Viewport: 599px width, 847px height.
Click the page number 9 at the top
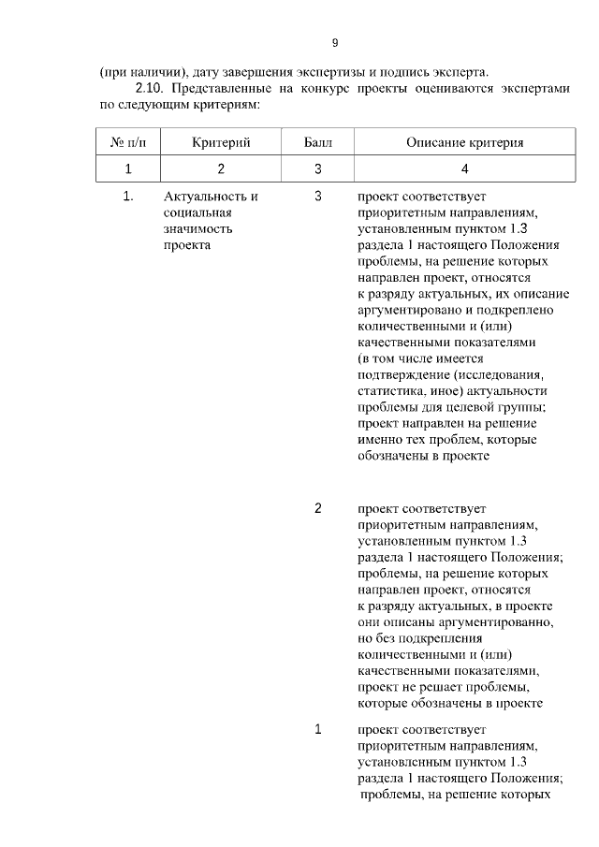pos(334,43)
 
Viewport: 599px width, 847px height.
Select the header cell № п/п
pos(128,142)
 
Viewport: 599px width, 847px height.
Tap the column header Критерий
pos(221,142)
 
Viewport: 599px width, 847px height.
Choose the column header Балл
pos(318,142)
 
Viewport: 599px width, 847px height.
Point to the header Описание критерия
pos(464,142)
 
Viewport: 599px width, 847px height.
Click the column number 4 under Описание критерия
pos(464,169)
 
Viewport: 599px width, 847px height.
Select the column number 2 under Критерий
pos(221,169)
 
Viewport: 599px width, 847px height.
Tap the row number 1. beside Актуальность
pos(128,197)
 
